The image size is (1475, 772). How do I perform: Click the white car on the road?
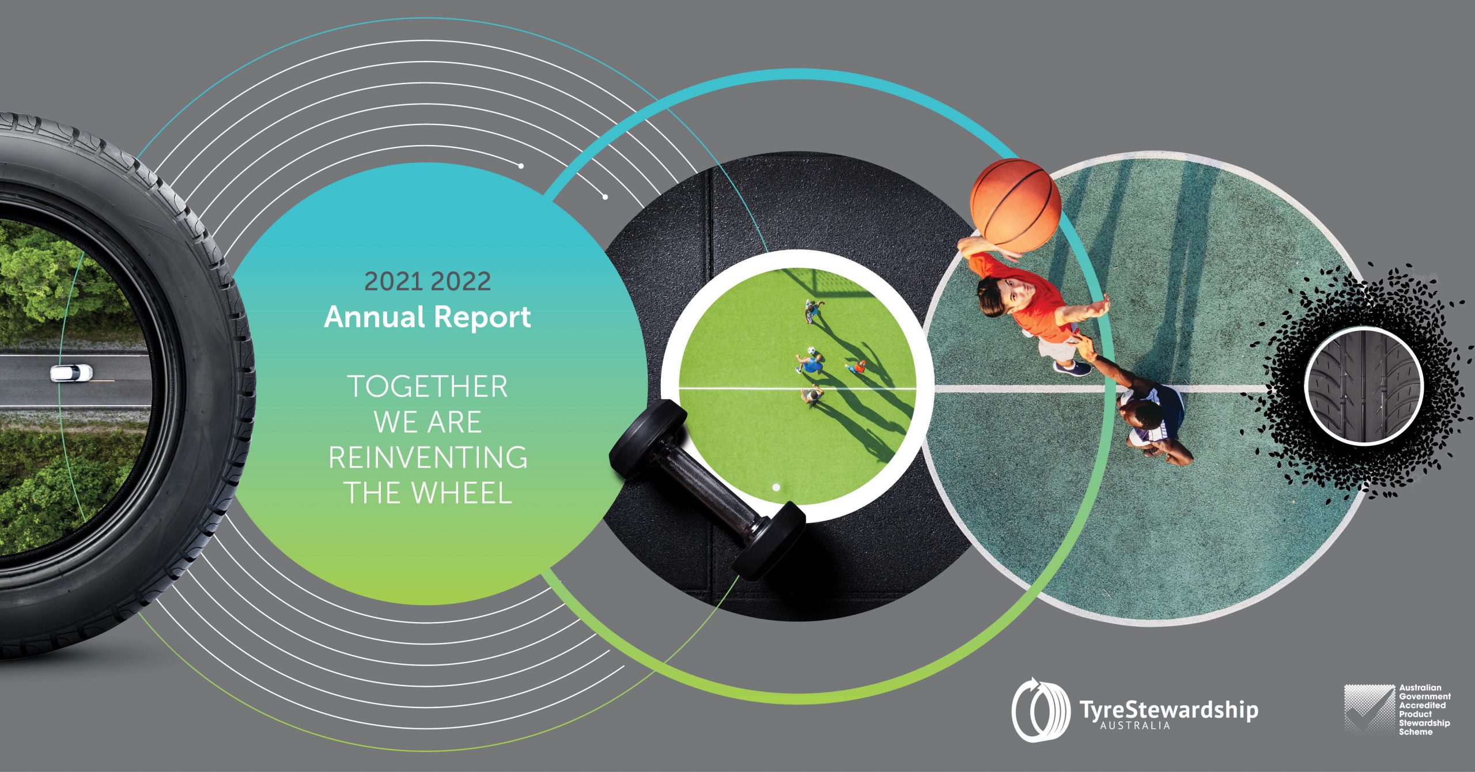[x=71, y=373]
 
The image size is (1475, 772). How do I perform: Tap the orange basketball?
[x=1015, y=205]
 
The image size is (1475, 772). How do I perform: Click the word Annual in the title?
[x=374, y=317]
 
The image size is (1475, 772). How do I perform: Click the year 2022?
[x=461, y=281]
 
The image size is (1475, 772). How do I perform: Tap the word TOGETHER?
[x=428, y=387]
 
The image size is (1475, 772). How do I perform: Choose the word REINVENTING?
[x=428, y=457]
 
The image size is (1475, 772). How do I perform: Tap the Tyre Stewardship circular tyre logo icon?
[x=1040, y=709]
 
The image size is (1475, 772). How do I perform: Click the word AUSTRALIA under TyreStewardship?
[x=1135, y=726]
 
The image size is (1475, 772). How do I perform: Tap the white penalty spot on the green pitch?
[x=776, y=487]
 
